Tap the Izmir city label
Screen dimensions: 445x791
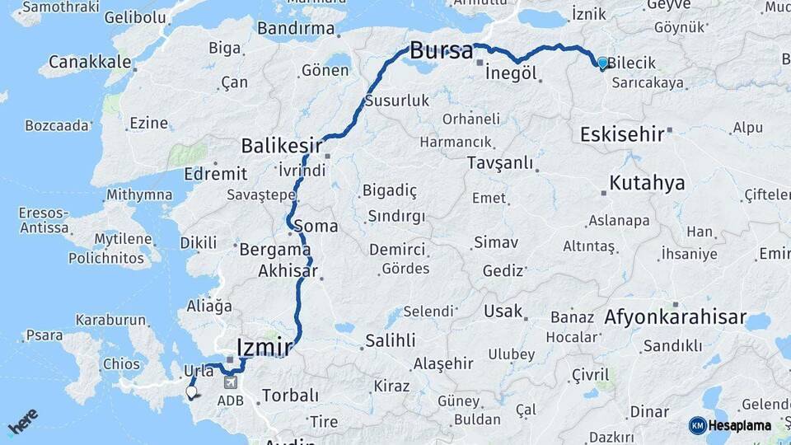pyautogui.click(x=264, y=347)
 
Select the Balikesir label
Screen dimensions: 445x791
pyautogui.click(x=281, y=147)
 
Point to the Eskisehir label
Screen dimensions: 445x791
pyautogui.click(x=622, y=134)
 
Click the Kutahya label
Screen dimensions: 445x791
pyautogui.click(x=647, y=183)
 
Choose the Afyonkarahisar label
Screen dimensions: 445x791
pyautogui.click(x=675, y=317)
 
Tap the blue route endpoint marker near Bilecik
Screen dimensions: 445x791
pyautogui.click(x=602, y=63)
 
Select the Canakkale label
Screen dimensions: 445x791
pyautogui.click(x=89, y=62)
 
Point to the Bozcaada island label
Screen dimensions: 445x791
pyautogui.click(x=57, y=125)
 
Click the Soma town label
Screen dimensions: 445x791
pyautogui.click(x=321, y=225)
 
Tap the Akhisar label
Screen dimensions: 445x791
pyautogui.click(x=288, y=270)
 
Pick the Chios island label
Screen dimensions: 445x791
pyautogui.click(x=122, y=363)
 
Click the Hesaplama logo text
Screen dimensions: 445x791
pyautogui.click(x=740, y=425)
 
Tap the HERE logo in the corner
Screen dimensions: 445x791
pyautogui.click(x=22, y=422)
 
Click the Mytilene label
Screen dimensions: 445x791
pyautogui.click(x=123, y=240)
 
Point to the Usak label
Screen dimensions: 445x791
pyautogui.click(x=503, y=311)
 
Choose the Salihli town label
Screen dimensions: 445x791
pyautogui.click(x=390, y=340)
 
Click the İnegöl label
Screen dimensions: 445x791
pyautogui.click(x=512, y=73)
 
